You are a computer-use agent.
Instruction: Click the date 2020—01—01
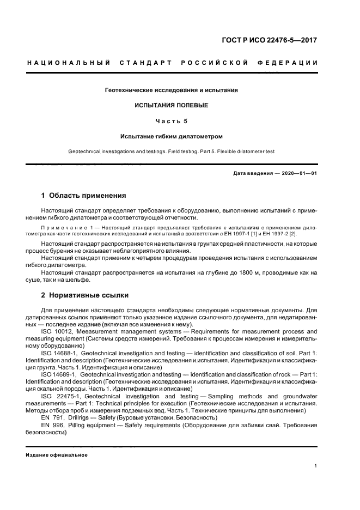[298, 173]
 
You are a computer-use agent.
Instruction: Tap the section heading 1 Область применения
[84, 195]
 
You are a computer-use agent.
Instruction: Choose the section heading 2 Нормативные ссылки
[85, 295]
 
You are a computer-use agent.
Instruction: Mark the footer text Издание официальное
[57, 455]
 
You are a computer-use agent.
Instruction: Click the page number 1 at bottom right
[316, 466]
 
